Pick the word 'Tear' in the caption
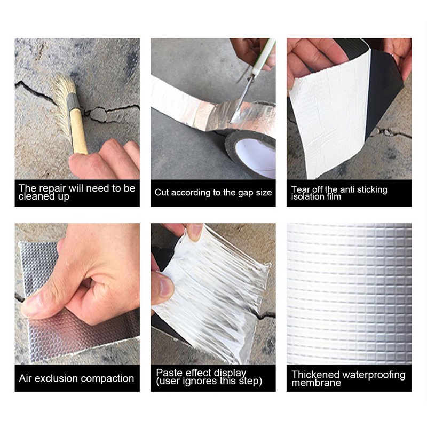(300, 189)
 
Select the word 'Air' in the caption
(25, 378)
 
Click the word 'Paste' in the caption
(168, 372)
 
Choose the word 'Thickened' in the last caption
(315, 375)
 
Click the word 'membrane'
(316, 383)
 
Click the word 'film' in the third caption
(334, 196)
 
